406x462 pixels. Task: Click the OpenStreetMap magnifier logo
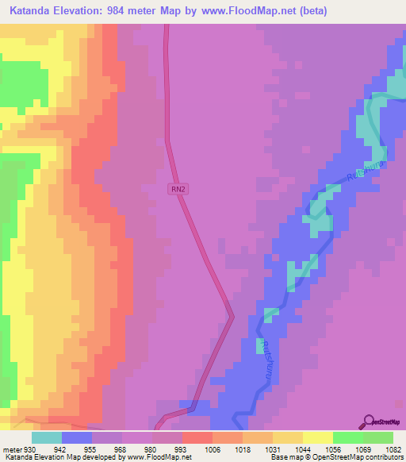pos(368,422)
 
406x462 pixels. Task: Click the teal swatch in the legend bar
pos(47,437)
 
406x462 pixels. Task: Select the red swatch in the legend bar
pos(197,437)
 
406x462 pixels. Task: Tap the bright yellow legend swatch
pos(317,437)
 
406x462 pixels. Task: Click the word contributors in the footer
pos(384,457)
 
